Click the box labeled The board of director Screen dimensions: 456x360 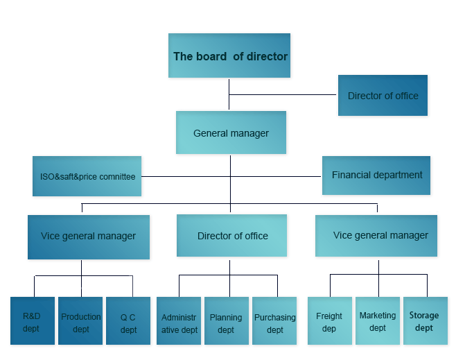tap(229, 55)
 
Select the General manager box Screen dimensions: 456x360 tap(231, 132)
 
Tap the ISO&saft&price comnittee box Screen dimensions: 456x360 tap(87, 176)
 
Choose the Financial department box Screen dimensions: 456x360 tap(376, 175)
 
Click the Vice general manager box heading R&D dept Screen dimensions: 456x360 tap(89, 237)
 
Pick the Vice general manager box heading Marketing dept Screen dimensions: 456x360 tap(376, 236)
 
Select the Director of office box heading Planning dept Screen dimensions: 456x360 tap(231, 235)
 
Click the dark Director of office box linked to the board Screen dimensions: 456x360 tap(383, 96)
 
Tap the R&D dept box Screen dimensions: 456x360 tap(33, 320)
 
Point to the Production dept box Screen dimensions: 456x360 tap(80, 320)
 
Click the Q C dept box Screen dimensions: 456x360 tap(128, 320)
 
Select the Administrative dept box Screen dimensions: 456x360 tap(179, 320)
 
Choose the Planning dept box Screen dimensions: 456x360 tap(227, 320)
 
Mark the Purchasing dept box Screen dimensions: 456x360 tap(274, 320)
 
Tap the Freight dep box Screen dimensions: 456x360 tap(330, 320)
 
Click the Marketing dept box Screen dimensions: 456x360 tap(378, 320)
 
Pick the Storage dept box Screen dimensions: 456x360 tap(426, 320)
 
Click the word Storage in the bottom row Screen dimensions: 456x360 tap(424, 316)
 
